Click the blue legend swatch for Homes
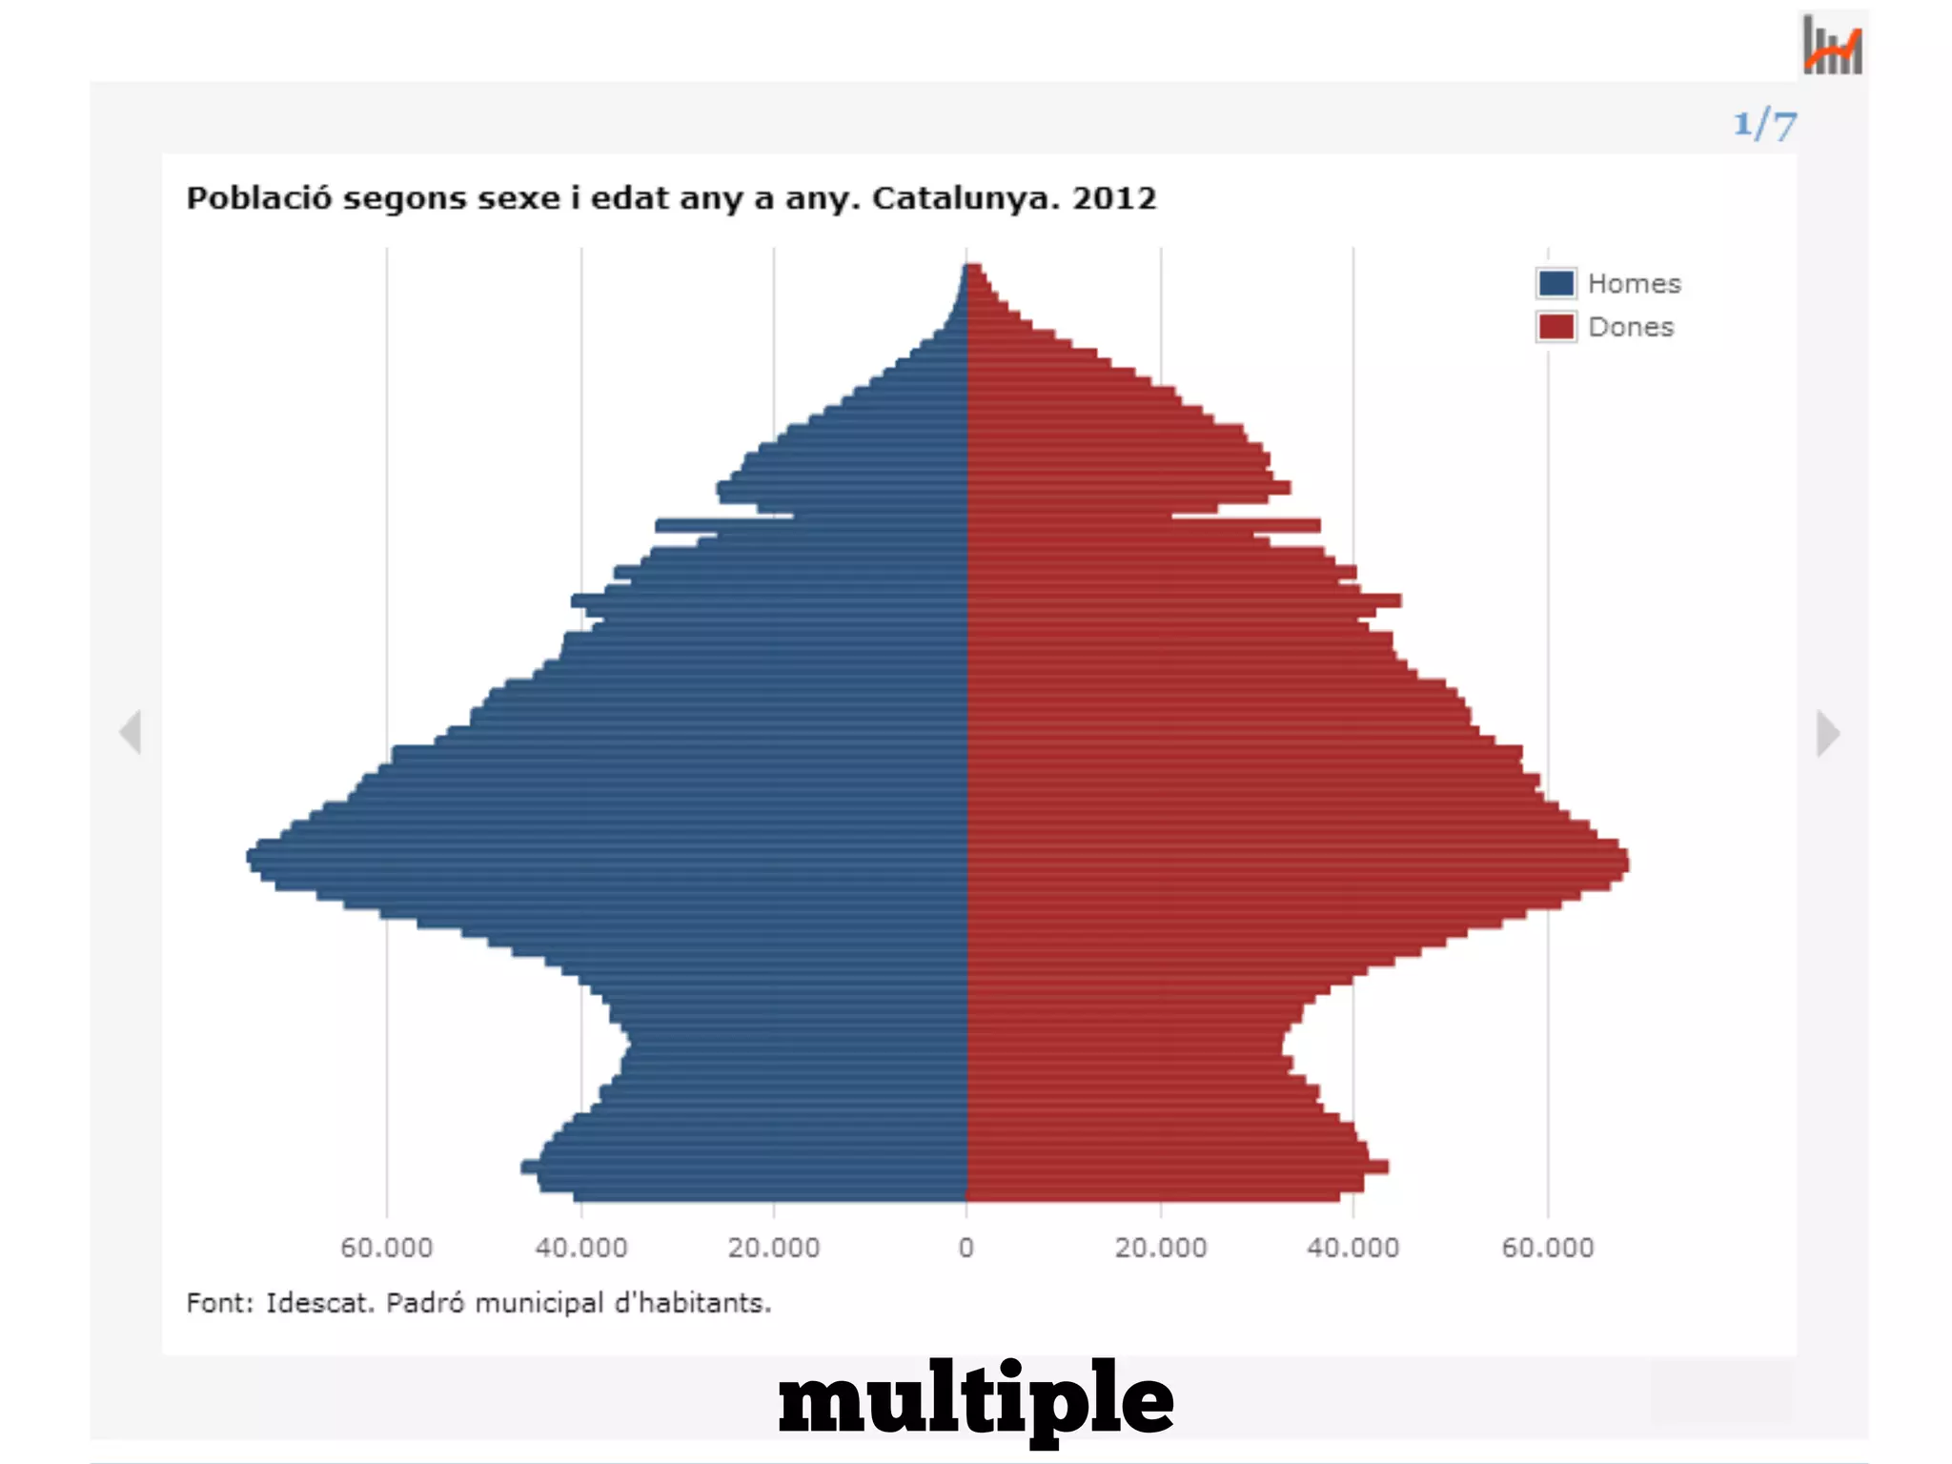(1555, 283)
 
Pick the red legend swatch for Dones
(1555, 327)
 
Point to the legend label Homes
(1634, 284)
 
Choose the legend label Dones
(1630, 327)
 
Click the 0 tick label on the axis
(966, 1248)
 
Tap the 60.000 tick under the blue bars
(387, 1248)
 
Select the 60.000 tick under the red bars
(1547, 1248)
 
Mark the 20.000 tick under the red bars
(1161, 1248)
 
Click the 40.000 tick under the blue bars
(581, 1248)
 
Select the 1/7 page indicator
(1764, 125)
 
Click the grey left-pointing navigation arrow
(131, 732)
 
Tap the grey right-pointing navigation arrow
(1827, 733)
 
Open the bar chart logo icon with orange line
(1832, 45)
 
